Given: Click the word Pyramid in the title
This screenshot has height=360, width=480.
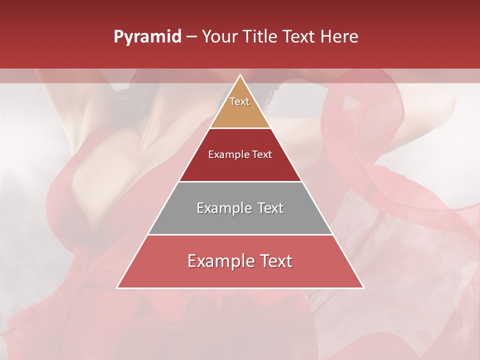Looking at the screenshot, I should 147,37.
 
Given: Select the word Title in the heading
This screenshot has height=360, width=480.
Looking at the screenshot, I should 263,37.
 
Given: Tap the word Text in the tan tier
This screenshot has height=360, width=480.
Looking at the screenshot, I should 239,101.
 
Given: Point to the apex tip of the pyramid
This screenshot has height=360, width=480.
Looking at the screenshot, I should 240,75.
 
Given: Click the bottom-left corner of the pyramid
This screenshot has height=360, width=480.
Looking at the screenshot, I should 117,288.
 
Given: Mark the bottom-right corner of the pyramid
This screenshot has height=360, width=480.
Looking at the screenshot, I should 363,288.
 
